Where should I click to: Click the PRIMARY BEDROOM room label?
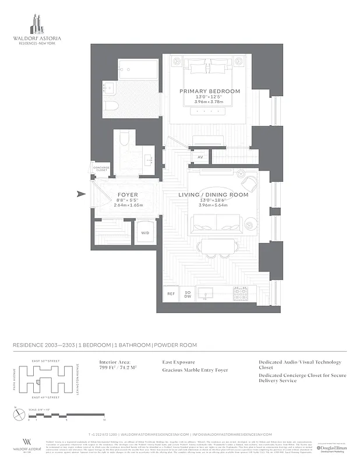pos(210,91)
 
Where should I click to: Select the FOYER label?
pos(128,195)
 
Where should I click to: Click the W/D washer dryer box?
pos(144,234)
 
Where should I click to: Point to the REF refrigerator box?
pos(171,294)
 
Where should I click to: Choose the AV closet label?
pos(200,157)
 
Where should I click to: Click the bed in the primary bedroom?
pos(210,87)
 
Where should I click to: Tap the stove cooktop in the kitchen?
pos(241,295)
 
